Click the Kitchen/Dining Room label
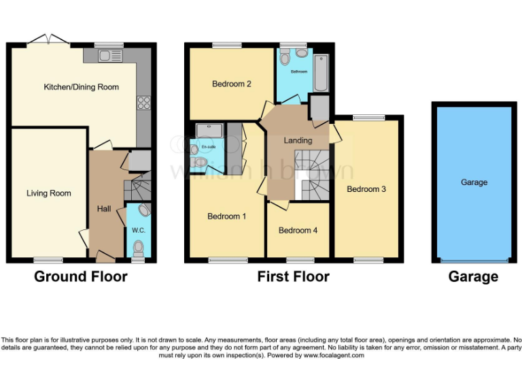pyautogui.click(x=81, y=87)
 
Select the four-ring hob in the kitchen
pyautogui.click(x=143, y=103)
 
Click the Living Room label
pyautogui.click(x=49, y=193)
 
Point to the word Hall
pyautogui.click(x=104, y=209)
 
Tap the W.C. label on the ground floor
pyautogui.click(x=139, y=231)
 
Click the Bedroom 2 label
pyautogui.click(x=232, y=84)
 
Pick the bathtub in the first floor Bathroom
pyautogui.click(x=321, y=73)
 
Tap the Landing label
pyautogui.click(x=298, y=141)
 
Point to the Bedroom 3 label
pyautogui.click(x=366, y=189)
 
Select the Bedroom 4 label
pyautogui.click(x=298, y=230)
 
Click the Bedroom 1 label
pyautogui.click(x=227, y=216)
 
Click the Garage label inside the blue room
pyautogui.click(x=474, y=182)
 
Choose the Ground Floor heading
pyautogui.click(x=81, y=276)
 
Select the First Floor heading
pyautogui.click(x=293, y=276)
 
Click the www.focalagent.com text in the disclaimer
pyautogui.click(x=334, y=355)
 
